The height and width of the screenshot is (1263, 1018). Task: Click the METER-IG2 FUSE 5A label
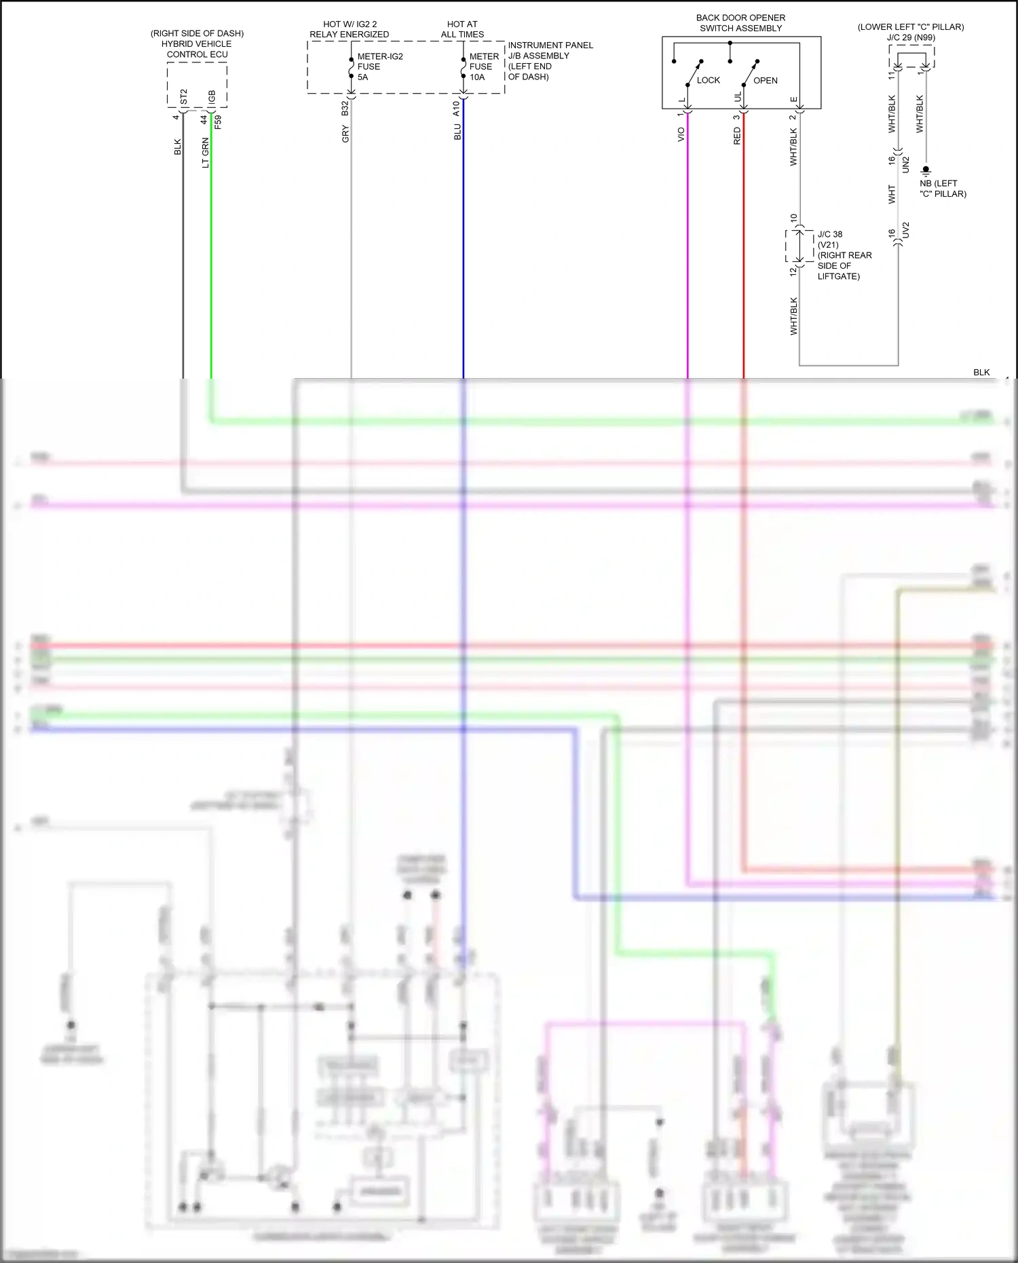[x=379, y=67]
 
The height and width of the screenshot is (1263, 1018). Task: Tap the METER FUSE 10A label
[x=483, y=67]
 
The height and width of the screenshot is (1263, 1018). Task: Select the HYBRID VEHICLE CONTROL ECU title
[x=197, y=44]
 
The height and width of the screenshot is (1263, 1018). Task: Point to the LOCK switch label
[x=708, y=80]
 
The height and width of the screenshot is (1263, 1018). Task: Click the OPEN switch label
[x=765, y=80]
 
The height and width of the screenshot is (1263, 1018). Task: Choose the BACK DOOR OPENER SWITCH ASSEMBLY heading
[x=740, y=23]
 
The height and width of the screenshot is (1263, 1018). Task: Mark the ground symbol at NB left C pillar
[x=926, y=170]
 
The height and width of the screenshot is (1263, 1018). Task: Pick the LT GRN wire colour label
[x=206, y=153]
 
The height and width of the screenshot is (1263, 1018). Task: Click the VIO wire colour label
[x=681, y=135]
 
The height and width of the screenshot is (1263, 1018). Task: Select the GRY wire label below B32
[x=345, y=134]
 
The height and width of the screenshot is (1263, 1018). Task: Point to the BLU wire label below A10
[x=457, y=132]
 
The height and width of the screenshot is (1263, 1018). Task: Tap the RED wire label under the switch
[x=737, y=136]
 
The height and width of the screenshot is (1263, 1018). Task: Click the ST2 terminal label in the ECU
[x=183, y=97]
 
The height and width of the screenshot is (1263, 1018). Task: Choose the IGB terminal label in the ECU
[x=212, y=97]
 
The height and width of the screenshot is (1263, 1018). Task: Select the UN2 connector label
[x=905, y=164]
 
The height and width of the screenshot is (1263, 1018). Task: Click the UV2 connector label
[x=905, y=230]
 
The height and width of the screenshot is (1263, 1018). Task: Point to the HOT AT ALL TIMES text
[x=462, y=29]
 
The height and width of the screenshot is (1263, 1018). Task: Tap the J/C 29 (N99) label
[x=911, y=37]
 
